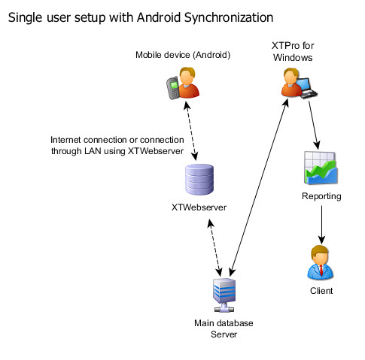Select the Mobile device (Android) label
click(182, 55)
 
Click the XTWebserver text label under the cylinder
click(199, 207)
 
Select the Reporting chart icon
click(322, 168)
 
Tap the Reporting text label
click(321, 196)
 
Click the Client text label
click(321, 290)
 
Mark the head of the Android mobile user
click(189, 75)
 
